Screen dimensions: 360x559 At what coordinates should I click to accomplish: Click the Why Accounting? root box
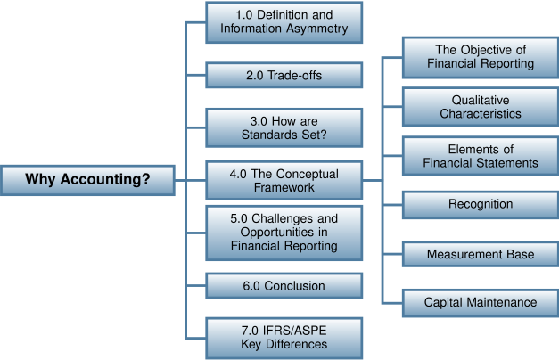(x=87, y=180)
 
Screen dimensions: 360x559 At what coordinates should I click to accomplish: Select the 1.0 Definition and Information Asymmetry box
(x=284, y=22)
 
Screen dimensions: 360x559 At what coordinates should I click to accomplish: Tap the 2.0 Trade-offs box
(x=284, y=76)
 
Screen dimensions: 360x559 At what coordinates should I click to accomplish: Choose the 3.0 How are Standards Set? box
(x=284, y=128)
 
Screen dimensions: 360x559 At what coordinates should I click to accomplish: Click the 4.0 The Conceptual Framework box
(x=284, y=180)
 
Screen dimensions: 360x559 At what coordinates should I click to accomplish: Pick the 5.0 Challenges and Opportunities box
(x=284, y=232)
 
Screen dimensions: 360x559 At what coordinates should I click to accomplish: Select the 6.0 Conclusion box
(x=284, y=286)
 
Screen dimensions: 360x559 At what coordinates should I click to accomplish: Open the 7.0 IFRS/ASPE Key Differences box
(x=284, y=338)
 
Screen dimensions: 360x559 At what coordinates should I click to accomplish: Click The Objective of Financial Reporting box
(x=481, y=57)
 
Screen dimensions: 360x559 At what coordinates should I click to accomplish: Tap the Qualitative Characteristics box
(x=481, y=107)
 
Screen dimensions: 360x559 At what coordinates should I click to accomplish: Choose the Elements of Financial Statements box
(x=481, y=156)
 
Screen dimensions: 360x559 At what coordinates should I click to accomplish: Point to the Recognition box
(x=481, y=204)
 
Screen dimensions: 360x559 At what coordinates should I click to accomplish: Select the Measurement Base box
(x=481, y=254)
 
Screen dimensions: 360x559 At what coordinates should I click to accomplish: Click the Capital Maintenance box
(x=481, y=302)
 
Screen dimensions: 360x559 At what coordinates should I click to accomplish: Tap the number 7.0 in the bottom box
(x=251, y=331)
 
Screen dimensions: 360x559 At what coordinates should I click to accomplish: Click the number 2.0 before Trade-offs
(x=255, y=76)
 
